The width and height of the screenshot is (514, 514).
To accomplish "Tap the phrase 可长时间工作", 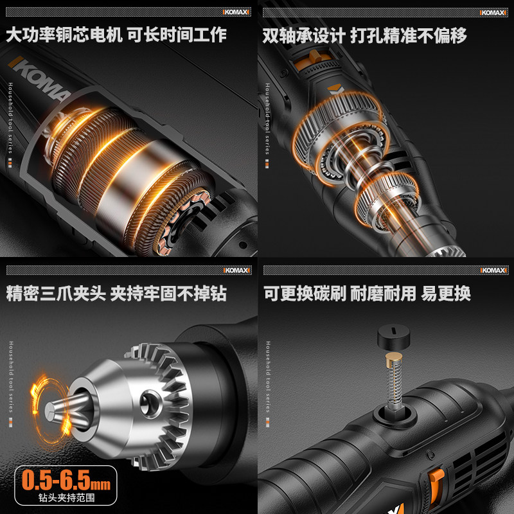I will click(176, 35).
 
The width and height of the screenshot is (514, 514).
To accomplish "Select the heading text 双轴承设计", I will click(302, 35).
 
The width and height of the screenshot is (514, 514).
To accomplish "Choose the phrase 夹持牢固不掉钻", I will click(168, 294).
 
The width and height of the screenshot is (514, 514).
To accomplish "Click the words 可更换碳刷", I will click(305, 294).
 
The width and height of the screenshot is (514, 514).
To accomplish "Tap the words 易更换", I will click(446, 294).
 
